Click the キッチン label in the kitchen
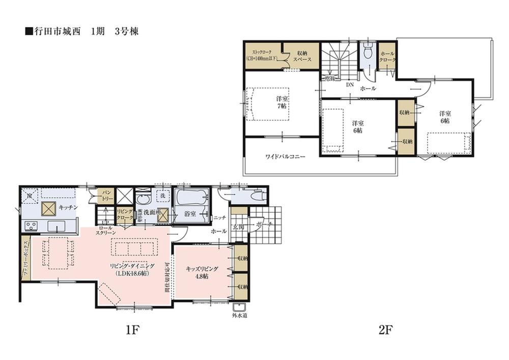point(67,207)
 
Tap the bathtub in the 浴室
point(191,197)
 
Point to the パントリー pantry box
point(106,195)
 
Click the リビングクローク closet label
point(124,214)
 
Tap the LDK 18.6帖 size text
point(131,273)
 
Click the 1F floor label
point(131,330)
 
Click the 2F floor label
point(385,330)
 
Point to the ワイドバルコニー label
point(285,157)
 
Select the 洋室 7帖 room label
point(281,102)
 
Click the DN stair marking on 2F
point(350,85)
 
